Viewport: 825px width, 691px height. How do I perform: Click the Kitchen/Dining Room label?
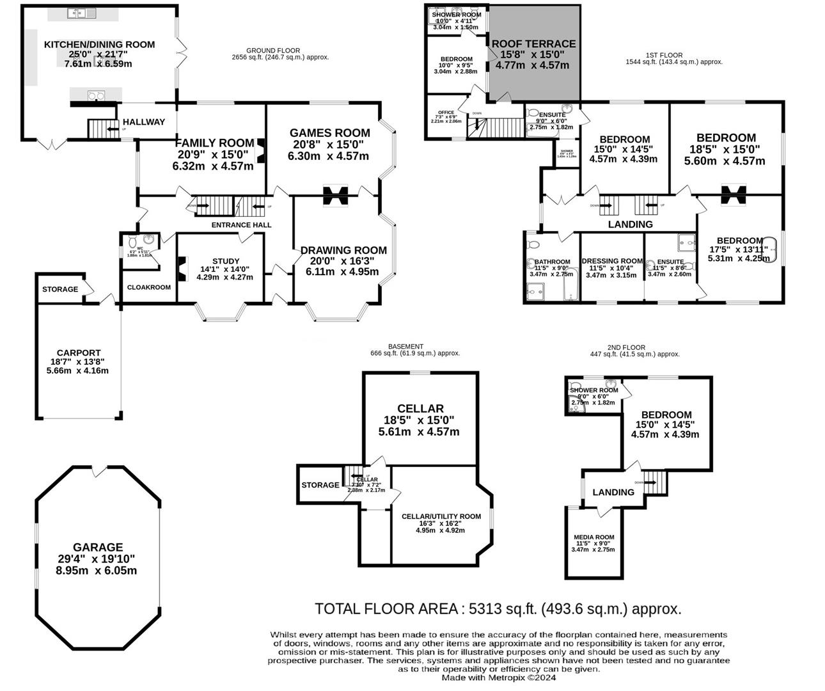tap(98, 45)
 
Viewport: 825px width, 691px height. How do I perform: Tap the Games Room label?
tap(330, 133)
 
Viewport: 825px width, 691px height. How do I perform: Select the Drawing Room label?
tap(343, 250)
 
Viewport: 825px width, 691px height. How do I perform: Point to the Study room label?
tap(225, 261)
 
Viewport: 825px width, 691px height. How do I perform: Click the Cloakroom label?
tap(149, 287)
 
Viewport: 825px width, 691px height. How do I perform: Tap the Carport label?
tap(79, 353)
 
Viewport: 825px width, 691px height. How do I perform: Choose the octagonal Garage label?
tap(97, 547)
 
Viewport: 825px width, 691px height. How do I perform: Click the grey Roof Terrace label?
tap(533, 44)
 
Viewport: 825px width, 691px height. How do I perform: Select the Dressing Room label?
tap(612, 261)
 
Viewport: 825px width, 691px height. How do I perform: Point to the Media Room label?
tap(593, 537)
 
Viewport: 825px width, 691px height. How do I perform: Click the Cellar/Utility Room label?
tap(441, 516)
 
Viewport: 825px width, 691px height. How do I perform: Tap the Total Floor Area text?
tap(498, 608)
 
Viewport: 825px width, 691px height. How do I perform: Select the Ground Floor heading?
tap(273, 51)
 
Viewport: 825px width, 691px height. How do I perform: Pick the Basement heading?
tap(405, 346)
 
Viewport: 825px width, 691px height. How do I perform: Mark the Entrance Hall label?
tap(241, 225)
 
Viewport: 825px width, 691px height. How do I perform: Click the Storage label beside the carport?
tap(60, 289)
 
